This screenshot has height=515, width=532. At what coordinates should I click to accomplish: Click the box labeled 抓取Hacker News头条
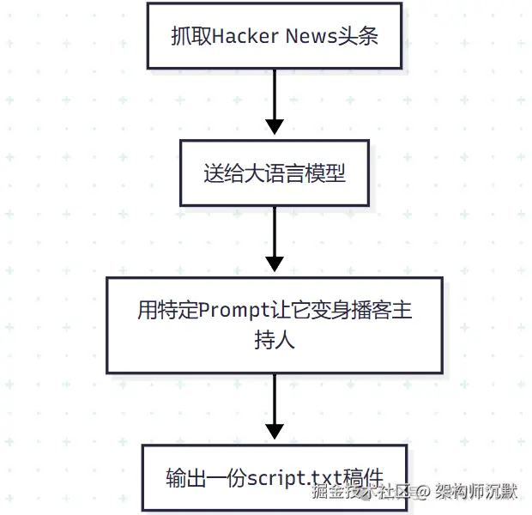pyautogui.click(x=275, y=35)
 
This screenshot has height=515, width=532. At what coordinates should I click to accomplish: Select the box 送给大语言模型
pyautogui.click(x=275, y=173)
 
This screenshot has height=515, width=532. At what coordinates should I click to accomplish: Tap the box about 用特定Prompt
pyautogui.click(x=275, y=324)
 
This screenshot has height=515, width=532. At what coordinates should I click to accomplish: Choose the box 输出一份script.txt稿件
pyautogui.click(x=275, y=476)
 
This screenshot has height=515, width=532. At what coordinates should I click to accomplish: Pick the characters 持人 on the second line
pyautogui.click(x=275, y=340)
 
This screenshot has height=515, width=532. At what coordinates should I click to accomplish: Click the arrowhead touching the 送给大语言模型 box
pyautogui.click(x=275, y=128)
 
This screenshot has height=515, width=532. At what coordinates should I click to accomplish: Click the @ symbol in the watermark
pyautogui.click(x=423, y=493)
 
